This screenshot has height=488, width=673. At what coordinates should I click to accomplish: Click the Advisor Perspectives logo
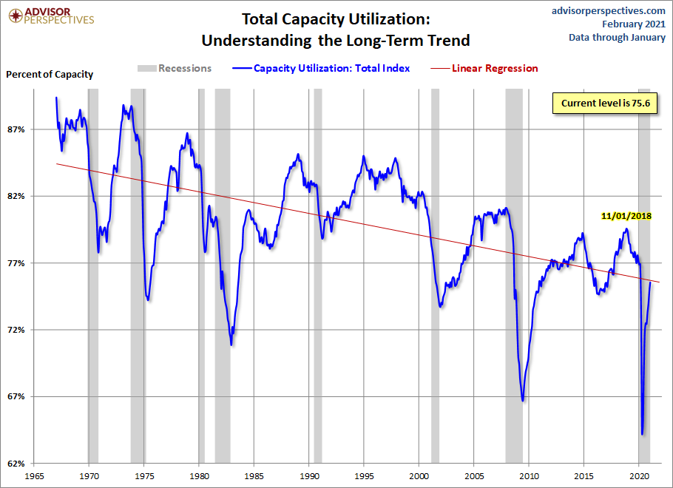[51, 16]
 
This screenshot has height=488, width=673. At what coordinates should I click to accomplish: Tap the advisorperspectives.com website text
[598, 10]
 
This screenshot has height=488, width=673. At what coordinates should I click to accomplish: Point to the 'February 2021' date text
[625, 24]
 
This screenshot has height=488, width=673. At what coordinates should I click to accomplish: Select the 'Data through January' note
[617, 38]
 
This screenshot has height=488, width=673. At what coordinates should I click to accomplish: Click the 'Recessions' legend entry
[175, 68]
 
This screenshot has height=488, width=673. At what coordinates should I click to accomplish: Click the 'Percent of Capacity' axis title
[50, 74]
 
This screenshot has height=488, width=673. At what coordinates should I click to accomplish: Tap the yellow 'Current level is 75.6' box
[605, 104]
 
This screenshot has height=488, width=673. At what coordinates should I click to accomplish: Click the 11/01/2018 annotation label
[626, 217]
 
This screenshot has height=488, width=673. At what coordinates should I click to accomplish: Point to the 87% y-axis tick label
[16, 129]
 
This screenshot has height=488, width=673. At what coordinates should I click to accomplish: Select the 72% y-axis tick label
[16, 330]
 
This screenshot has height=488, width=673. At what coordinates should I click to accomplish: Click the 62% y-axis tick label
[16, 464]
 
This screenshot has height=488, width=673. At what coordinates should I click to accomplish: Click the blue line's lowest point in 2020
[642, 435]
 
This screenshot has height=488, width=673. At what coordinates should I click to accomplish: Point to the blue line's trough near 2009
[523, 401]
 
